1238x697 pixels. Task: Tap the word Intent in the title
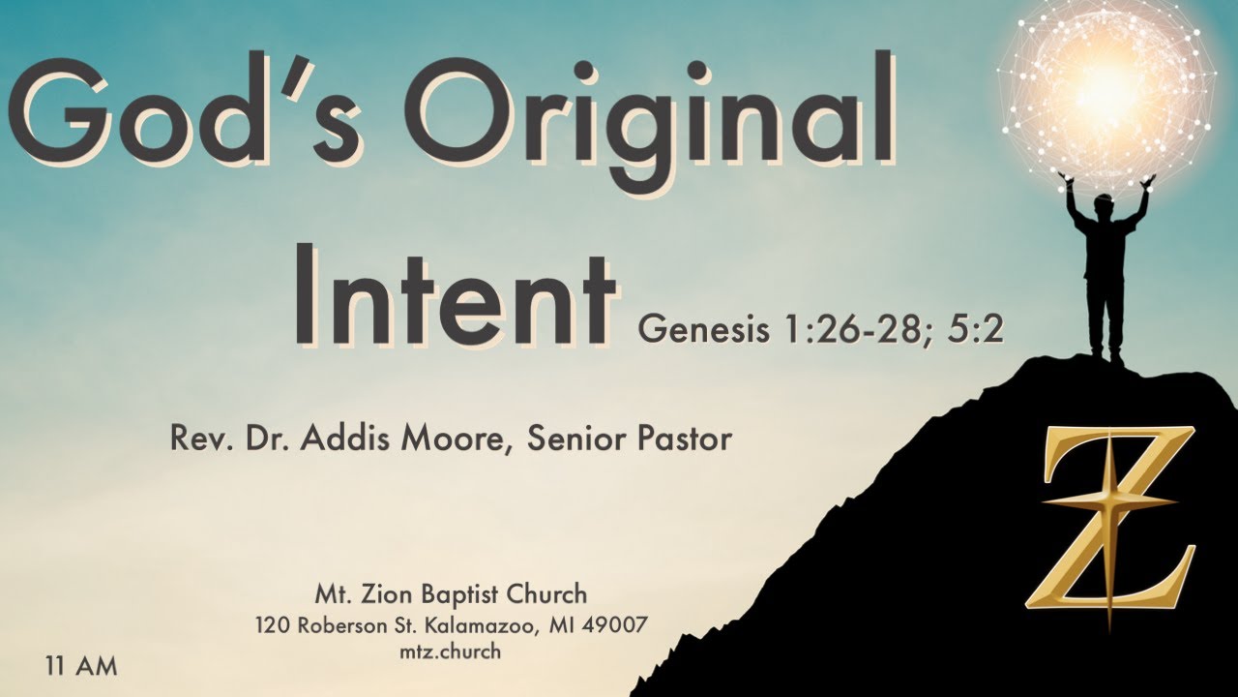pos(455,291)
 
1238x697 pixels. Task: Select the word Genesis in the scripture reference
pos(702,331)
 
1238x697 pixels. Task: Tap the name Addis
pos(372,439)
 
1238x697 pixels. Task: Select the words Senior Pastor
pos(631,439)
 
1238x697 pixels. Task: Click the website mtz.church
pos(451,652)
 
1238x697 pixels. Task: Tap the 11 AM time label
pos(80,667)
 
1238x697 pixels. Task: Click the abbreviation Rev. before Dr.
pos(194,439)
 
